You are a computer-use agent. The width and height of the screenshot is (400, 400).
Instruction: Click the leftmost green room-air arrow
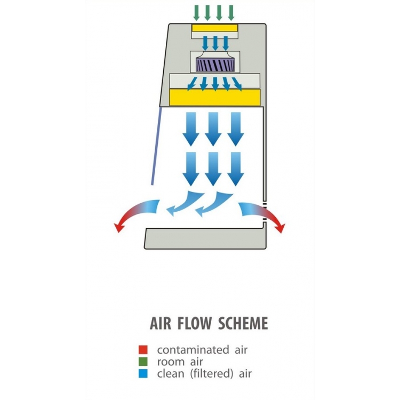tap(196, 13)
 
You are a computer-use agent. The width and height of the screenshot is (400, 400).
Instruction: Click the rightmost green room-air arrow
tap(231, 13)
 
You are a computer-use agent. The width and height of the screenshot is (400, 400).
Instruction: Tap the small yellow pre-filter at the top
tap(215, 28)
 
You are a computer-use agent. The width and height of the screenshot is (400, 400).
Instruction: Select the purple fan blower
tap(215, 65)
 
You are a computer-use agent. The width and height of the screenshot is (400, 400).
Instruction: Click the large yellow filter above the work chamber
tap(215, 98)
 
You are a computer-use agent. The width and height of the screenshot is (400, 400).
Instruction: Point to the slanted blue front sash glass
tap(156, 146)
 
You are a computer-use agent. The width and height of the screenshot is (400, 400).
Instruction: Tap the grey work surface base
tap(205, 238)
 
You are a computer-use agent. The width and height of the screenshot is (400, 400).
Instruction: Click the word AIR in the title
tap(160, 323)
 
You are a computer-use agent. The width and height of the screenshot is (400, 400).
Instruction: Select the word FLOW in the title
tap(194, 323)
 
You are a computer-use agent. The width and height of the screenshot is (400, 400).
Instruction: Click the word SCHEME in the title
tap(243, 323)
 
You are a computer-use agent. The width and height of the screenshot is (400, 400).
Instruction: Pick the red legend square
tap(143, 349)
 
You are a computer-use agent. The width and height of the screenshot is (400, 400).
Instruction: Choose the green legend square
tap(143, 362)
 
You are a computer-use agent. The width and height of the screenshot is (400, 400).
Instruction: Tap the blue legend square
tap(143, 373)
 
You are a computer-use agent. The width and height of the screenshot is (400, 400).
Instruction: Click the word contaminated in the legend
tap(193, 350)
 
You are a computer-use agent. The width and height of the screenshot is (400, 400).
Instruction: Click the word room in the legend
tap(171, 362)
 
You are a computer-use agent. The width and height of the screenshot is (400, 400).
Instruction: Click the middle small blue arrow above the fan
tap(215, 43)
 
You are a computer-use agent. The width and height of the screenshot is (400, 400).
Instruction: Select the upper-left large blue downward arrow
tap(191, 129)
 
